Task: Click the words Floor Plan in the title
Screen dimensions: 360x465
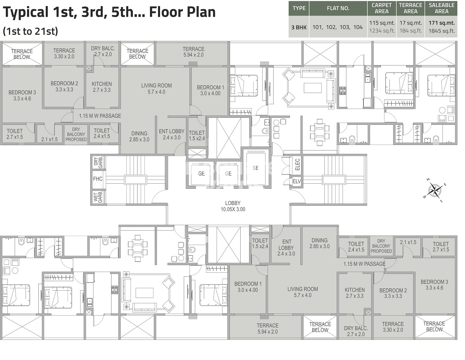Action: coord(185,12)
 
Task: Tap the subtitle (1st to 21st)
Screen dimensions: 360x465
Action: coord(30,31)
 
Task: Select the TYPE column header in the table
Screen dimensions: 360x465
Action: coord(299,8)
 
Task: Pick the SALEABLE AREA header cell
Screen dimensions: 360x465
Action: coord(441,8)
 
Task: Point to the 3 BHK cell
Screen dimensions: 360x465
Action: coord(299,27)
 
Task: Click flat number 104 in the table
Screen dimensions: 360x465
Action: coord(358,27)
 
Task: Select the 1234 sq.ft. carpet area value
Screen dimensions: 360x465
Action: coord(382,31)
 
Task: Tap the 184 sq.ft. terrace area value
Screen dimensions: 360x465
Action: coord(410,31)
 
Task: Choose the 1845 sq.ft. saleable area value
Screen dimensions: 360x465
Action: coord(441,31)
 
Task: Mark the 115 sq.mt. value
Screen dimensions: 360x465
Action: coord(382,23)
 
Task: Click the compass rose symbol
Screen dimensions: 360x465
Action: coord(436,190)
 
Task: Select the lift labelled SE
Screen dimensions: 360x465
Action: coord(255,168)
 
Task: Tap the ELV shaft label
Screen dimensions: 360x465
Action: coord(297,181)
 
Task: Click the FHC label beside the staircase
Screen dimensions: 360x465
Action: coord(98,179)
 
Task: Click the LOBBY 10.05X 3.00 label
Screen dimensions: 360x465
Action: coord(232,206)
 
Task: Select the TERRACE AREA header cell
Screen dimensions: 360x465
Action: coord(410,8)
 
